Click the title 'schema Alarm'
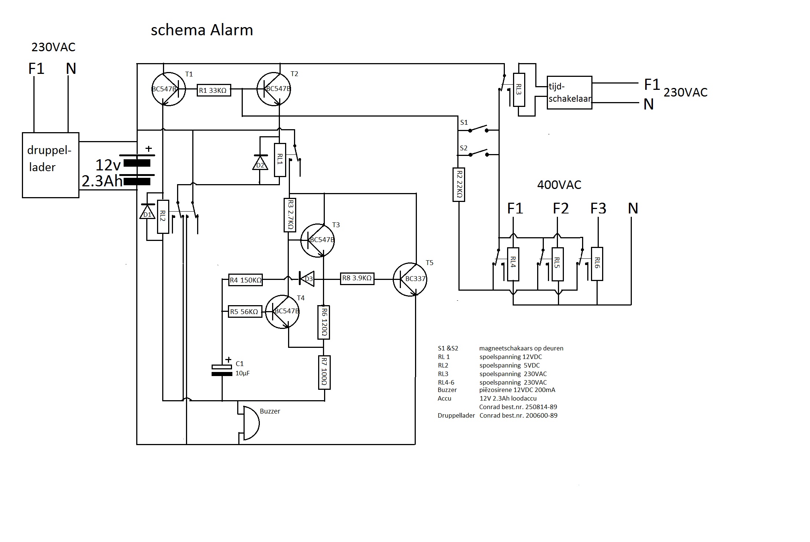pyautogui.click(x=202, y=30)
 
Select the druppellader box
pyautogui.click(x=50, y=165)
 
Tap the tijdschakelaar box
pyautogui.click(x=569, y=92)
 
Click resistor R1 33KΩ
pyautogui.click(x=214, y=90)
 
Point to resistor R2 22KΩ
pyautogui.click(x=459, y=185)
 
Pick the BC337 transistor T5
pyautogui.click(x=410, y=279)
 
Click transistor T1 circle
pyautogui.click(x=169, y=89)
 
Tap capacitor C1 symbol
pyautogui.click(x=222, y=370)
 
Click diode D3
pyautogui.click(x=307, y=279)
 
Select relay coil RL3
pyautogui.click(x=519, y=90)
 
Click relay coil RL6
pyautogui.click(x=597, y=264)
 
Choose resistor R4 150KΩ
pyautogui.click(x=245, y=280)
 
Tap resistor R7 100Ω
pyautogui.click(x=324, y=372)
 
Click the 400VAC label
pyautogui.click(x=559, y=185)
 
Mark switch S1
pyautogui.click(x=477, y=129)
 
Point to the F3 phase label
pyautogui.click(x=598, y=209)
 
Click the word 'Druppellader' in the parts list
pyautogui.click(x=456, y=415)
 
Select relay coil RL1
pyautogui.click(x=280, y=160)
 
